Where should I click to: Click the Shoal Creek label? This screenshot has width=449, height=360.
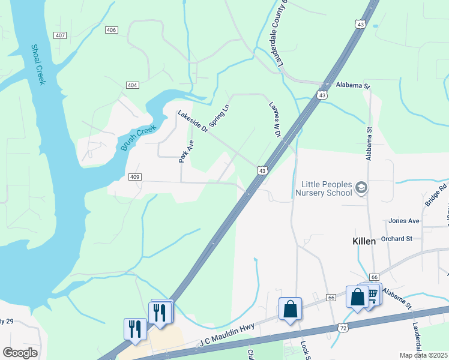click(38, 64)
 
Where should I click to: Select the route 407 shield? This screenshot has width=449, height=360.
click(59, 35)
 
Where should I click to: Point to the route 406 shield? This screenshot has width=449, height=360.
click(110, 29)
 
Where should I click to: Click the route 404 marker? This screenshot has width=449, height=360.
click(133, 85)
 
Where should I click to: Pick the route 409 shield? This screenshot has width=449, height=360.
click(135, 176)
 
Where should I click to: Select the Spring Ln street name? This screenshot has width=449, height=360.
click(221, 115)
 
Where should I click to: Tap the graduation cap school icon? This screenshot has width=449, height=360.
click(361, 188)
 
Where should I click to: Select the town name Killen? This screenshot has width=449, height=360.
click(363, 241)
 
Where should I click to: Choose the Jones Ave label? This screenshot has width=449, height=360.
click(403, 221)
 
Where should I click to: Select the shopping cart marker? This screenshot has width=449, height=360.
click(372, 293)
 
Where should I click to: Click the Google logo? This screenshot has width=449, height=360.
click(20, 353)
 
